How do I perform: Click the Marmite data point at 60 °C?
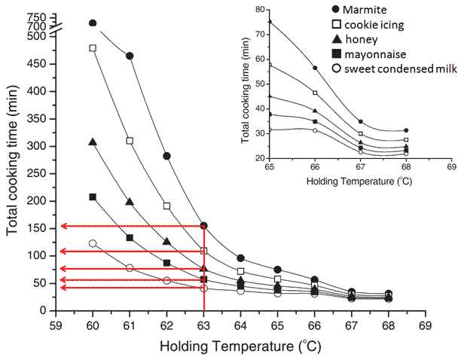point(93,23)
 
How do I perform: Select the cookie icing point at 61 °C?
point(130,141)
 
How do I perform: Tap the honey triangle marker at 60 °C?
point(93,142)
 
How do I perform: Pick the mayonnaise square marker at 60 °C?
point(93,197)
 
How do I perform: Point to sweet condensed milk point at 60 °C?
point(93,243)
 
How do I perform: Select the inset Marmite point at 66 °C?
point(315,69)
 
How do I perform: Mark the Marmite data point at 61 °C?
point(130,56)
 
